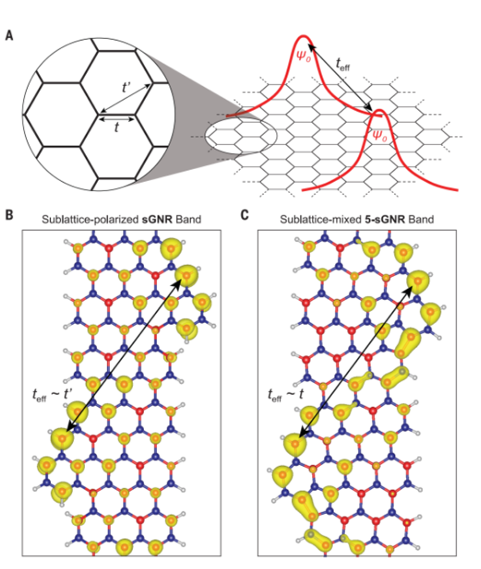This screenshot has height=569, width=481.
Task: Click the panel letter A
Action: coord(9,36)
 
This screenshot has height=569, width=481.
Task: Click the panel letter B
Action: coord(9,215)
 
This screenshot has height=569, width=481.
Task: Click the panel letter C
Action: coord(245,215)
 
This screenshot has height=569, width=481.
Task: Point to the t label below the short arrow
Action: coord(116,127)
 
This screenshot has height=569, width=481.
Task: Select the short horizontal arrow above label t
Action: coord(117,118)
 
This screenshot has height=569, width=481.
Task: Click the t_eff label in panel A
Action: coord(343,65)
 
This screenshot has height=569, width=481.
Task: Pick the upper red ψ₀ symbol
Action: coord(303,55)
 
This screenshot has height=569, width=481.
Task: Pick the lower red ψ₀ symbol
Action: coord(380,136)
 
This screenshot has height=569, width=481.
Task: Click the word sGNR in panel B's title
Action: coord(157,219)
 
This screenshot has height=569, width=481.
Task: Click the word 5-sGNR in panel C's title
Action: coord(385,219)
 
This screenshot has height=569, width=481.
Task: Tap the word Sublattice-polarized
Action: coord(90,219)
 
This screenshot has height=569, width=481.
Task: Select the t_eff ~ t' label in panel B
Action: coord(53,395)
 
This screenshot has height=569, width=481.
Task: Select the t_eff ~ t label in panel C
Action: coord(286,395)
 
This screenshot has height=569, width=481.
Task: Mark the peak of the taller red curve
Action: coord(303,36)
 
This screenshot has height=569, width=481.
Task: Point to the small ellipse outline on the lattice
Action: coord(241,117)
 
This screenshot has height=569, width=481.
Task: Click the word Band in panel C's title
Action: coord(421,219)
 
